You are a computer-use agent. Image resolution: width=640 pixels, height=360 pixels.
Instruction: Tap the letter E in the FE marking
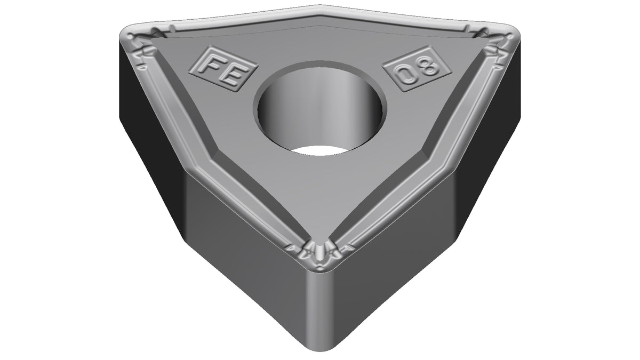tap(231, 75)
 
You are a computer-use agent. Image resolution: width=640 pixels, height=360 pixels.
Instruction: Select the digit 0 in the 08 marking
tap(406, 75)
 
